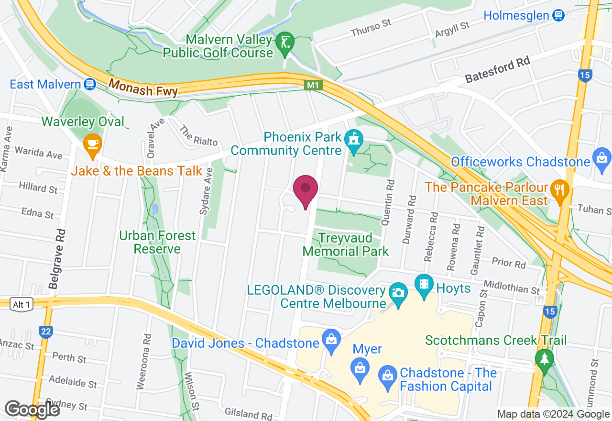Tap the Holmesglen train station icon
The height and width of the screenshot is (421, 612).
(558, 15)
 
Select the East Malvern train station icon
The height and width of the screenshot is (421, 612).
(89, 85)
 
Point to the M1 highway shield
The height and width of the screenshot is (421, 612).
(314, 86)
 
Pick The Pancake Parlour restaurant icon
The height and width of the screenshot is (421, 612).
(558, 188)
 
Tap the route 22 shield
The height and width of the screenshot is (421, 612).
(45, 331)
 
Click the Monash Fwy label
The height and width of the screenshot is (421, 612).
(143, 88)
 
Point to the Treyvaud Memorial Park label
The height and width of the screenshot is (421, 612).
(346, 244)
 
